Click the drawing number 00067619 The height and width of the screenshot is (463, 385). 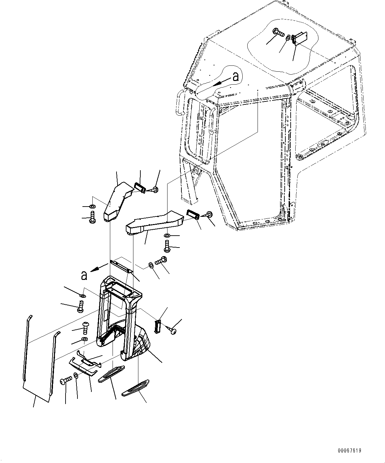point(350,450)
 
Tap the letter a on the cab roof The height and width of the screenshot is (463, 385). point(236,77)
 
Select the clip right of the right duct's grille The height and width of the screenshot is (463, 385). point(209,214)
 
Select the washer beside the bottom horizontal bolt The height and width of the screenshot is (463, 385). point(76,375)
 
